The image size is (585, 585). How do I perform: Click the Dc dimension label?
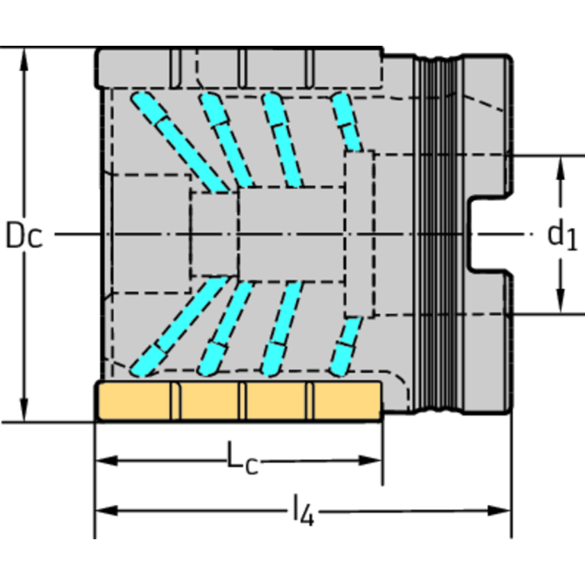tap(24, 235)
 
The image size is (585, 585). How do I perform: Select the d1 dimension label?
tap(562, 236)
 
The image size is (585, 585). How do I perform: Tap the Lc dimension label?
tap(243, 458)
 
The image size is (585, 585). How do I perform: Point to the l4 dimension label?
tap(304, 510)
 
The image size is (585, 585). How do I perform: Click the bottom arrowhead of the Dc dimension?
tap(24, 410)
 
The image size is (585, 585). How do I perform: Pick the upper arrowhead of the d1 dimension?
tap(560, 168)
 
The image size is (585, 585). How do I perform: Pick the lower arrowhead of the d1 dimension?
tap(560, 301)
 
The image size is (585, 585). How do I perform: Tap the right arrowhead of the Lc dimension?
tap(370, 461)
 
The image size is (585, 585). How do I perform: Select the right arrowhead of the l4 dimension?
tap(499, 510)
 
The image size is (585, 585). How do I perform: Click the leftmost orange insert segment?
tap(134, 400)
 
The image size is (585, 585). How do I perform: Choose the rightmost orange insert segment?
tap(347, 400)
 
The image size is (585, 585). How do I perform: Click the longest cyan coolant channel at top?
tap(179, 142)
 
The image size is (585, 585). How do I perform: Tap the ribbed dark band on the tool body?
tap(439, 234)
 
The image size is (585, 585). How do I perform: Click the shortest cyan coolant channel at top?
tap(346, 121)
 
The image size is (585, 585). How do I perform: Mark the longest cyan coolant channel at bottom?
tap(179, 326)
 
